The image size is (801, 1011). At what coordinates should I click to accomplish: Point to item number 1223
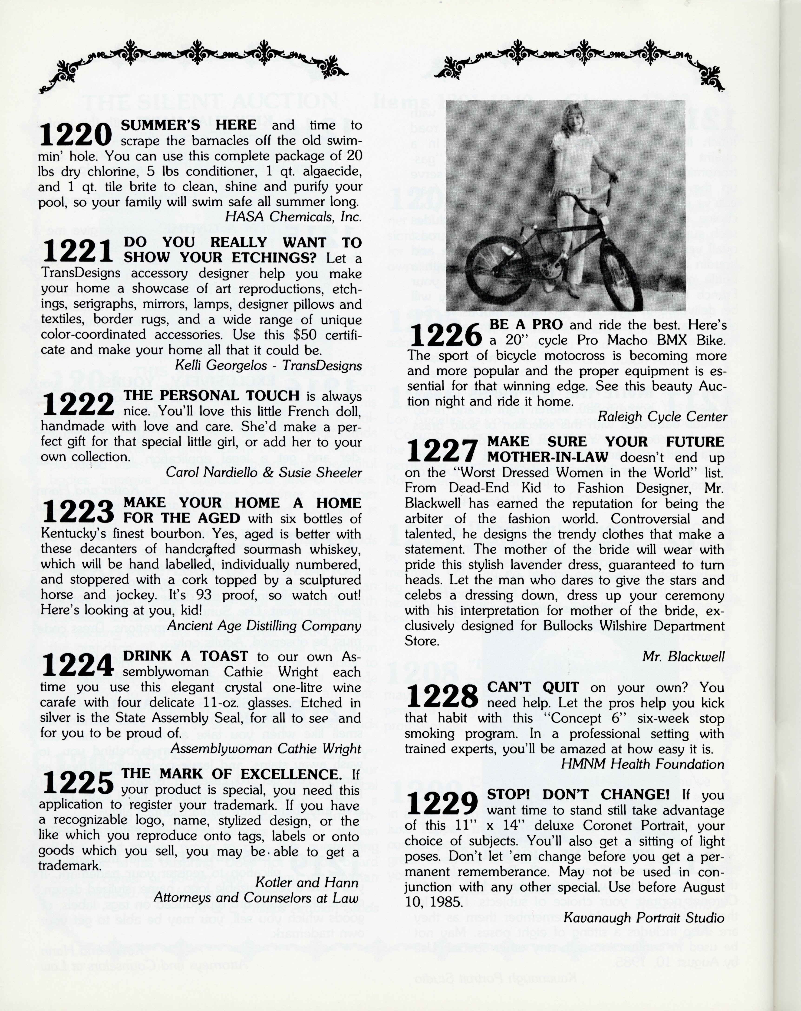[77, 512]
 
